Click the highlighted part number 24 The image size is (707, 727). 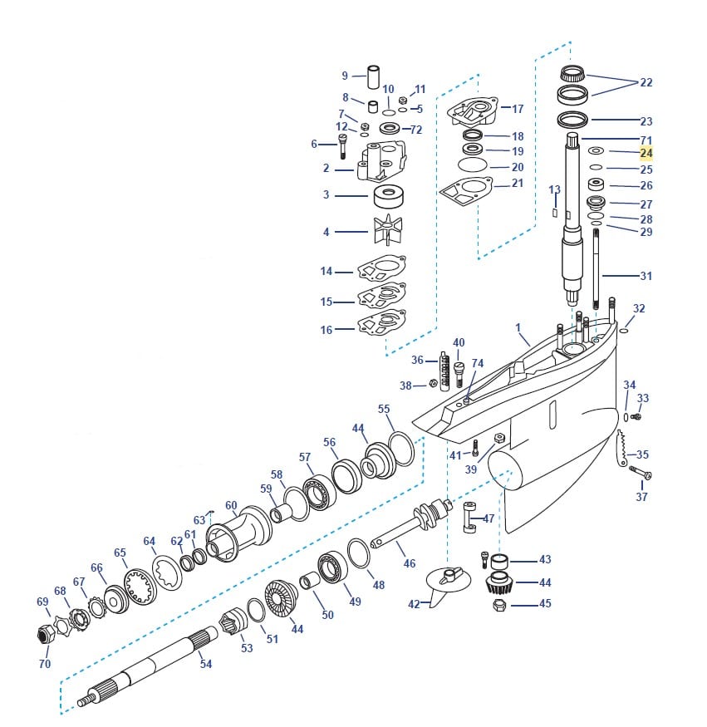click(646, 153)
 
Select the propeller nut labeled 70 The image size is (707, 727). click(47, 636)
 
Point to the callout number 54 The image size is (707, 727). click(205, 664)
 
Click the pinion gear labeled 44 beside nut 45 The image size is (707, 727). click(498, 582)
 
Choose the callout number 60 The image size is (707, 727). click(231, 505)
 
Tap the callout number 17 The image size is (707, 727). click(518, 109)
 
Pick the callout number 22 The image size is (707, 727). click(646, 82)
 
